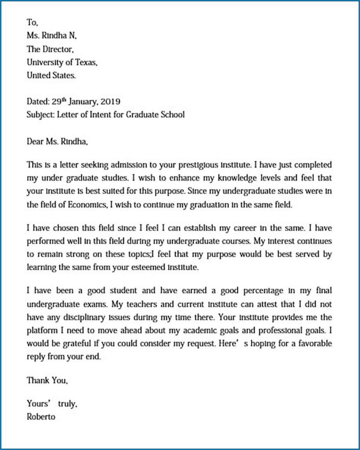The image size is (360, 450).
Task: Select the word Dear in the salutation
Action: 35,142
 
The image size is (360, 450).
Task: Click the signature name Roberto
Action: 41,417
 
